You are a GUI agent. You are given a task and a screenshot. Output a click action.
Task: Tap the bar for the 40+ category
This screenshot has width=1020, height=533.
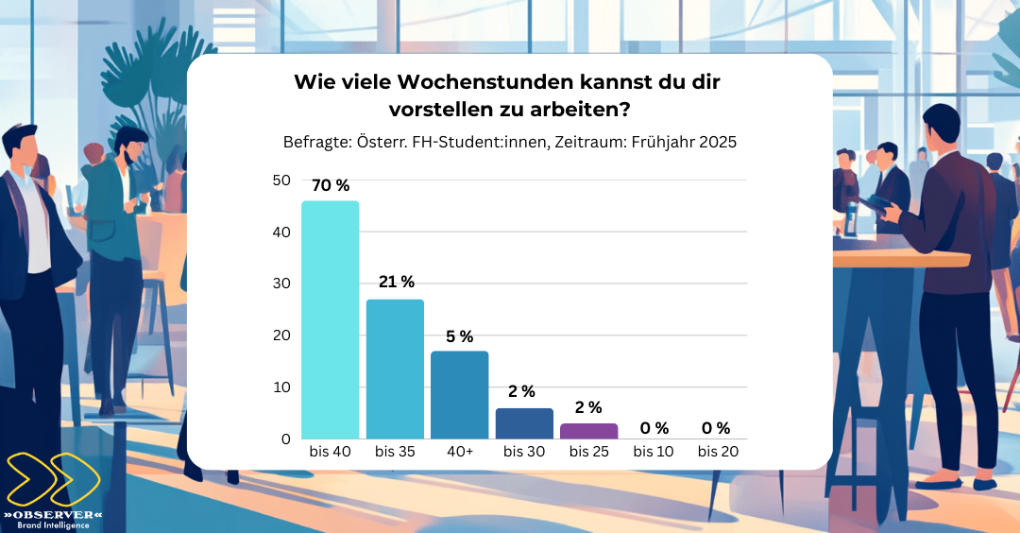pos(459,394)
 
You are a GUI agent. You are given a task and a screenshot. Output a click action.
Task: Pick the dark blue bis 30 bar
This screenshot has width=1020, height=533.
pos(524,423)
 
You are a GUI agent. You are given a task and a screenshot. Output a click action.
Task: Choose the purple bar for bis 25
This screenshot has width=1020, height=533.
pos(588,431)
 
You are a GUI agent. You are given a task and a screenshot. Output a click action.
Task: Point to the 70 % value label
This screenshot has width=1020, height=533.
pos(330,185)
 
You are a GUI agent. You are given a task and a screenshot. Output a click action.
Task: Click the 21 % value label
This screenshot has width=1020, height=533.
pos(395,282)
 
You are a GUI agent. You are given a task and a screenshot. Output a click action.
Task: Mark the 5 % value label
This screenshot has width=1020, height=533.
pos(459,336)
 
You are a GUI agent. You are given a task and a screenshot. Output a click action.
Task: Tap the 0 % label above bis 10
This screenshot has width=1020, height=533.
pos(654,428)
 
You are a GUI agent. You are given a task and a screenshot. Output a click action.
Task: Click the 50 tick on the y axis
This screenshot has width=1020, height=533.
pos(281,180)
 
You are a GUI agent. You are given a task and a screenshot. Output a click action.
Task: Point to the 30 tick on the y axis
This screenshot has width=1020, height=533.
pos(281,284)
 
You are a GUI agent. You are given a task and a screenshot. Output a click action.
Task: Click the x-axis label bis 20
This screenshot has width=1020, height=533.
pos(718,452)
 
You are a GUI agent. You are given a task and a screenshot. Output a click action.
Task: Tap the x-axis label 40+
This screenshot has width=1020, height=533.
pos(459,452)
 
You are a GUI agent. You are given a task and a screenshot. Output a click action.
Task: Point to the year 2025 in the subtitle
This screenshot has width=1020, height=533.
pos(718,142)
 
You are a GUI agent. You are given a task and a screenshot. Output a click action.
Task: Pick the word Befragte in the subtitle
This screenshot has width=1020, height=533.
pos(316,142)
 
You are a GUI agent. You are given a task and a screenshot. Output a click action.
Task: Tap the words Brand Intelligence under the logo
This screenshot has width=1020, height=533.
pos(53,524)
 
